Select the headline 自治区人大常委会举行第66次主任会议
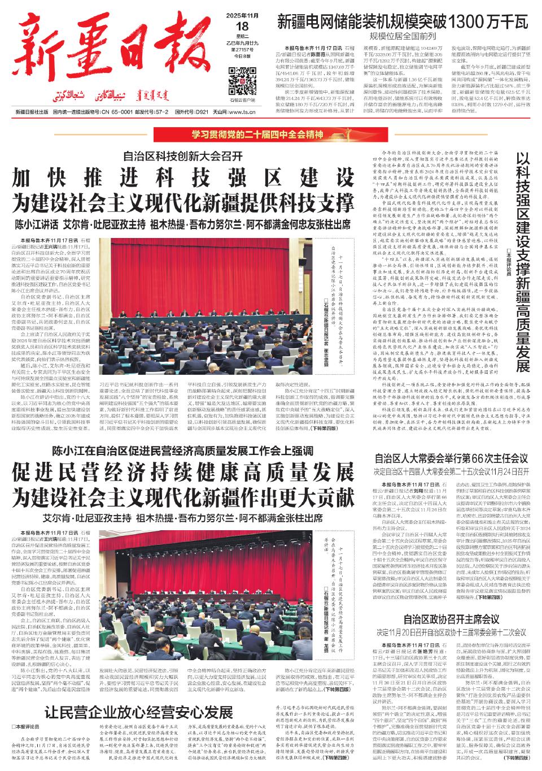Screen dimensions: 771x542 point(451,443)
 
